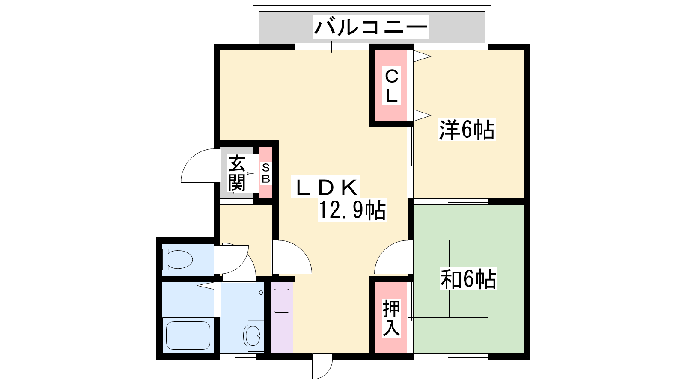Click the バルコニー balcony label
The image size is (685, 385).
pyautogui.click(x=371, y=27)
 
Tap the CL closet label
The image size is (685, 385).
pyautogui.click(x=391, y=86)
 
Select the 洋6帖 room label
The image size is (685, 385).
pyautogui.click(x=467, y=130)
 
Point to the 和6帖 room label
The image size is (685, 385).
pyautogui.click(x=468, y=278)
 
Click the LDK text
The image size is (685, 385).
pyautogui.click(x=326, y=187)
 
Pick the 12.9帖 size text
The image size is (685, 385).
pyautogui.click(x=352, y=210)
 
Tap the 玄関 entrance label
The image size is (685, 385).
pyautogui.click(x=237, y=173)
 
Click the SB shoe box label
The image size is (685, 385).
pyautogui.click(x=266, y=173)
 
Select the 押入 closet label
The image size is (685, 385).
pyautogui.click(x=391, y=318)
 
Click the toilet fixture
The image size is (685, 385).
pyautogui.click(x=177, y=260)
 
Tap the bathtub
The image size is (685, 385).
pyautogui.click(x=188, y=335)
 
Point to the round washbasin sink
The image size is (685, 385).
pyautogui.click(x=253, y=335)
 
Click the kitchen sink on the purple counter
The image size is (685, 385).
pyautogui.click(x=281, y=301)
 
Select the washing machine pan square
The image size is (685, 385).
pyautogui.click(x=253, y=299)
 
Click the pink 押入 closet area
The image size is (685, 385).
pyautogui.click(x=391, y=318)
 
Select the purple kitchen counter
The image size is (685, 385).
pyautogui.click(x=282, y=318)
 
